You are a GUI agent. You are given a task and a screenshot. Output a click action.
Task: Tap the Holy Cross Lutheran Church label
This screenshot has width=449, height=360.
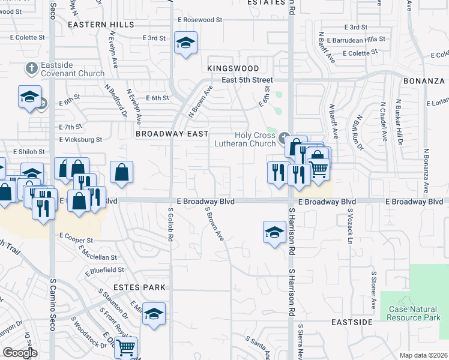tap(246, 139)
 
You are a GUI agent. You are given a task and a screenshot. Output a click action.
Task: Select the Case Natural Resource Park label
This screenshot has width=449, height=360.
tap(414, 313)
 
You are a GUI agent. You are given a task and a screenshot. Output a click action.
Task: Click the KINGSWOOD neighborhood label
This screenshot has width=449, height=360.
tap(233, 69)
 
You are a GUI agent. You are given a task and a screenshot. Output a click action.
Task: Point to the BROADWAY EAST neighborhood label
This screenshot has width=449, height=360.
tap(172, 134)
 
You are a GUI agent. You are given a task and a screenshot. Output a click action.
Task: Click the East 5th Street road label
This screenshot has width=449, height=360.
tap(247, 80)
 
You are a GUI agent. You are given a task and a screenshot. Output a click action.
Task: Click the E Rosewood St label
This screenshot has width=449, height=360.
tap(200, 20)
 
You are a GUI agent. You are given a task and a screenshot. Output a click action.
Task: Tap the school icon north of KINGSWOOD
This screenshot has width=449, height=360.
tap(186, 43)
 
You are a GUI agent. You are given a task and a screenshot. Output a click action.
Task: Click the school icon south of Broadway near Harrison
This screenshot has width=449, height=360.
tap(274, 232)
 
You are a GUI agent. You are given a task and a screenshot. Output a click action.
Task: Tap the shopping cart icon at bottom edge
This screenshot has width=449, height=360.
tap(125, 347)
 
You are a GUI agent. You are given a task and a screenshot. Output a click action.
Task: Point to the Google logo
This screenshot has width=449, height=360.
tap(20, 353)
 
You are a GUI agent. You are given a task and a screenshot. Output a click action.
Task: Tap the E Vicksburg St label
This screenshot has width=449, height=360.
tap(81, 140)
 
